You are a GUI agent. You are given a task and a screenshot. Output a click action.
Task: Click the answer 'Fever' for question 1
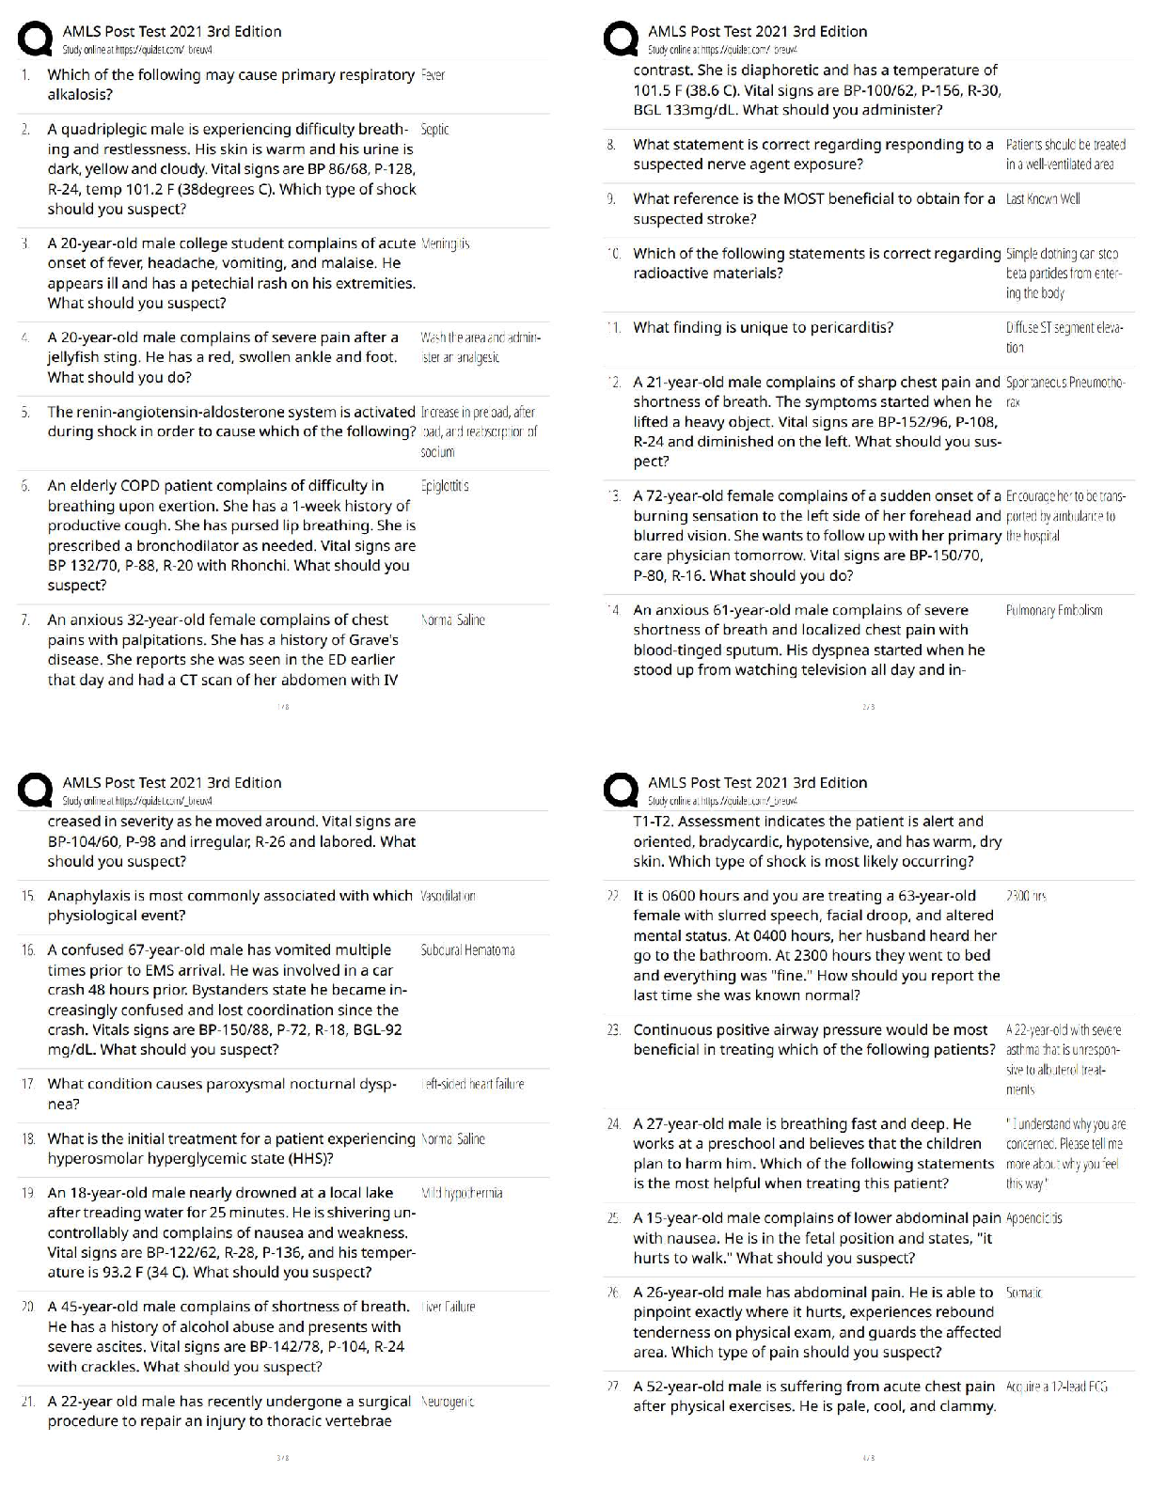(x=433, y=75)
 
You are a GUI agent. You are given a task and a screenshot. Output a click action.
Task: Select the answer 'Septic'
(x=434, y=130)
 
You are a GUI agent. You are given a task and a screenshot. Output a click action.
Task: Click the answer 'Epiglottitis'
(x=445, y=486)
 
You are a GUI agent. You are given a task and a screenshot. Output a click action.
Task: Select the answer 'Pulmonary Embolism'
(x=1053, y=611)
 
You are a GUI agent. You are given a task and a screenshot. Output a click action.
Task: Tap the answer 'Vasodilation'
(x=448, y=896)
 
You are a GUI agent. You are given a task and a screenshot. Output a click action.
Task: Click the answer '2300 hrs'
(x=1026, y=897)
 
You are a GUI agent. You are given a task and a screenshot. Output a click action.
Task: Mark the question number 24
(x=613, y=1124)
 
